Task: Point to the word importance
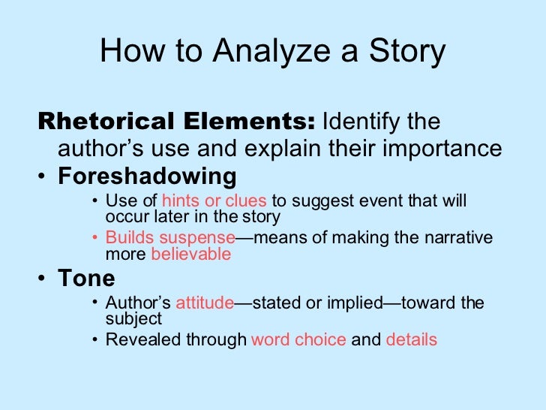[x=443, y=149]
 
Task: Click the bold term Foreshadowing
[x=148, y=176]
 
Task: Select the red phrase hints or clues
[x=214, y=201]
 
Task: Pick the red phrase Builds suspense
[x=170, y=238]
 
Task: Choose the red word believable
[x=190, y=254]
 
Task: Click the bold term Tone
[x=87, y=279]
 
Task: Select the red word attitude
[x=205, y=303]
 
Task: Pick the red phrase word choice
[x=298, y=339]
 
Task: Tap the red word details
[x=411, y=339]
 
